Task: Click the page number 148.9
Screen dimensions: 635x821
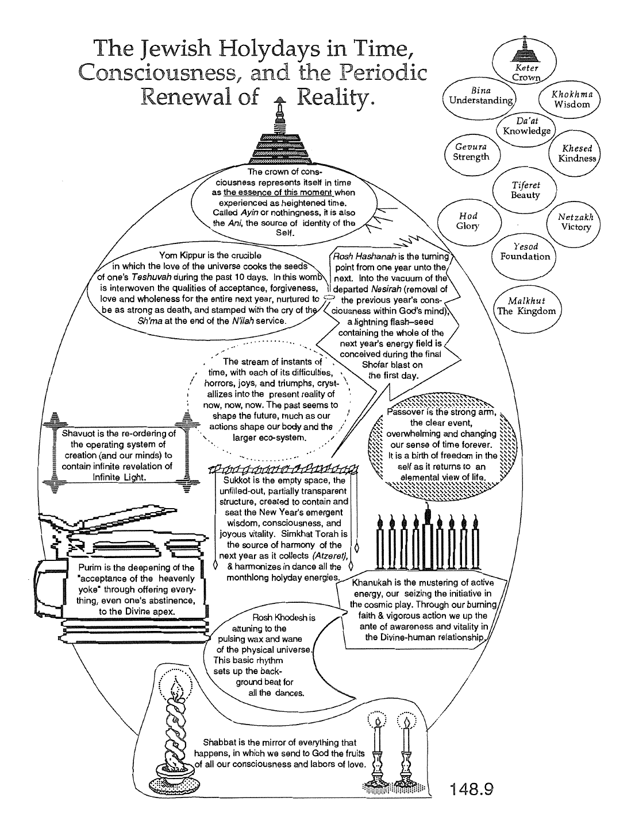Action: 471,788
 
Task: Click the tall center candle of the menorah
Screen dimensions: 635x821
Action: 428,536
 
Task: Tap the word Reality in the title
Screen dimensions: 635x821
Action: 335,98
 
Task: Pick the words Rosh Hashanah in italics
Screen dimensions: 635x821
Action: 364,257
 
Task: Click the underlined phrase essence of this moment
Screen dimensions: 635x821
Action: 278,192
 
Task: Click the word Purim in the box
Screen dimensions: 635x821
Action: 90,568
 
